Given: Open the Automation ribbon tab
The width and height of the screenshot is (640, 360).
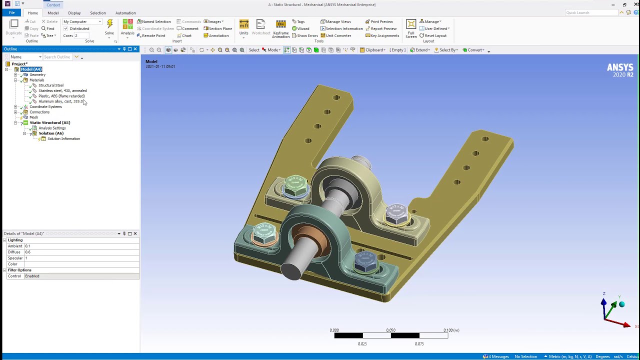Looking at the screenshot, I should [x=125, y=13].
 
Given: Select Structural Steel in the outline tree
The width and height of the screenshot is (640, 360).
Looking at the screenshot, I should [x=50, y=85].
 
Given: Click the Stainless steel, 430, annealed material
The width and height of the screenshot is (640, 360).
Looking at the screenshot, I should [x=62, y=91].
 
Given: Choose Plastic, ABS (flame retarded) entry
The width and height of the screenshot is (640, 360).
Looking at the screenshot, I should [x=61, y=96].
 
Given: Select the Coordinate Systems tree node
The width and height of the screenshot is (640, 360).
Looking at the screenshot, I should [x=45, y=107].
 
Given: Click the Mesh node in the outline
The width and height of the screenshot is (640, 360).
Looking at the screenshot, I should [x=33, y=117].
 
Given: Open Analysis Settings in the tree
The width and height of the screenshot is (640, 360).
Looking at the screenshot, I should [x=52, y=128].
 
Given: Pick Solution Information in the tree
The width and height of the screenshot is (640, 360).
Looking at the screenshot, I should [x=63, y=139].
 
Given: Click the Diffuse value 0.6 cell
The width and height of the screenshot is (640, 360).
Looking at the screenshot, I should [x=80, y=252].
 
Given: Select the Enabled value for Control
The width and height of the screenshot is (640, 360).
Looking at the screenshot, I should [x=80, y=276].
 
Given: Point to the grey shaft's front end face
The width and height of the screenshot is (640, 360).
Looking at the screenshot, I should [x=291, y=270].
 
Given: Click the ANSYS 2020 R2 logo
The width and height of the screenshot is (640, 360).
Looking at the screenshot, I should [x=620, y=70].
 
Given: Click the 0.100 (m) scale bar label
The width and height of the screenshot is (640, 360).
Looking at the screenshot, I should [x=451, y=330].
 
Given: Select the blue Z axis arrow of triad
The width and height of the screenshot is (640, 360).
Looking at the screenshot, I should [x=603, y=303].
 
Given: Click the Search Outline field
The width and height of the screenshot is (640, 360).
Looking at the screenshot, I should [x=57, y=57].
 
